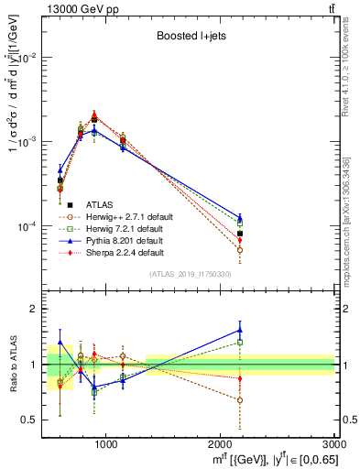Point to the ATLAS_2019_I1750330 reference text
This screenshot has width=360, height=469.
[x=191, y=274]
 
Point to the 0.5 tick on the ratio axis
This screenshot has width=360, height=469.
[x=29, y=420]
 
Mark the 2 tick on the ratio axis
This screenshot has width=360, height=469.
[x=34, y=309]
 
